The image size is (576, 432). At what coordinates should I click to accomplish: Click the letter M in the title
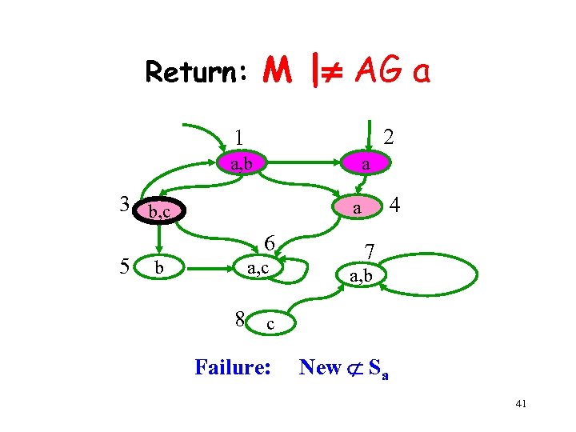pos(277,72)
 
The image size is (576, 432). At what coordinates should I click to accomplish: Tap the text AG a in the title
pos(393,72)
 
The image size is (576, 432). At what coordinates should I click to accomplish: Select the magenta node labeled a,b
pos(242,165)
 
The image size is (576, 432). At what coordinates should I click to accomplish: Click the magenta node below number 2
pos(364,164)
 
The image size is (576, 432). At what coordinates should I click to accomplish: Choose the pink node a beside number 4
pos(358,207)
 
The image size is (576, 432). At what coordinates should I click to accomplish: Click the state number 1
pos(239,137)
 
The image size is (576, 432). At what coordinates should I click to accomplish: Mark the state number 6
pos(270,243)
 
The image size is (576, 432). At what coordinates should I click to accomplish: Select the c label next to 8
pos(270,324)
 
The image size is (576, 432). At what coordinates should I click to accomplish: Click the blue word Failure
pos(234,367)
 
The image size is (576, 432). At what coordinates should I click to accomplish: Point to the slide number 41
pos(521,406)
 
